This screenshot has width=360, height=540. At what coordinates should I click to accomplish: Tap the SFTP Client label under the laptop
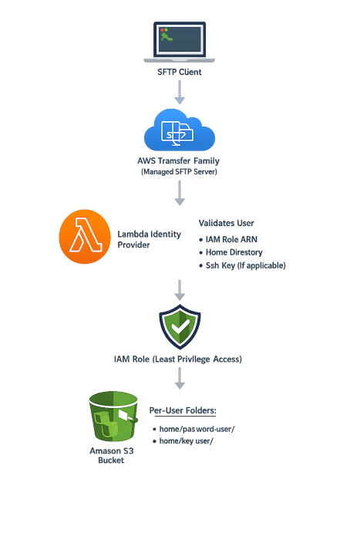[180, 72]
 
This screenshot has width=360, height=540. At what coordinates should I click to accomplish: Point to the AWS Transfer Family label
[180, 161]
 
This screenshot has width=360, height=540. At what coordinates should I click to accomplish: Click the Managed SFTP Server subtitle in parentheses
[180, 172]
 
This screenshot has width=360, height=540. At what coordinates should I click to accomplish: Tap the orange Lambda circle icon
[85, 237]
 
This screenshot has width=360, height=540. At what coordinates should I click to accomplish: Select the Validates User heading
[226, 223]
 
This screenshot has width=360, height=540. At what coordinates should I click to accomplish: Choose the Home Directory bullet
[234, 252]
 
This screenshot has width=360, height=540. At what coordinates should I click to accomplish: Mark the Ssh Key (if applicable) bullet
[244, 265]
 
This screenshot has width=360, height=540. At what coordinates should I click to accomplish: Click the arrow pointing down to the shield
[180, 290]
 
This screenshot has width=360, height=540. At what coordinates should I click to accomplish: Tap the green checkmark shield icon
[180, 327]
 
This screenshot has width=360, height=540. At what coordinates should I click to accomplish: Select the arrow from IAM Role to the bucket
[180, 377]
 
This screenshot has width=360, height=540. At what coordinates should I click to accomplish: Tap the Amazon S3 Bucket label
[112, 455]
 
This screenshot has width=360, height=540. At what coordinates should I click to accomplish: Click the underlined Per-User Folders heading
[183, 410]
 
